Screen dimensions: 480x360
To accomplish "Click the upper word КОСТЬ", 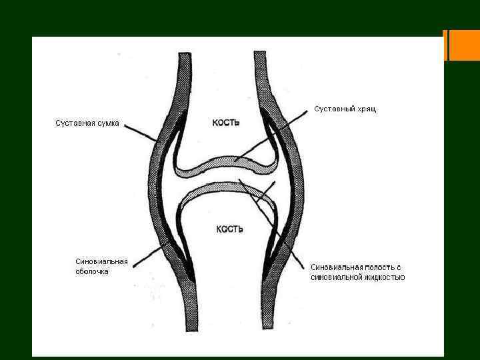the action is [x=226, y=122].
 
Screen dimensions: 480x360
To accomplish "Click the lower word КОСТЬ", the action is [x=229, y=229].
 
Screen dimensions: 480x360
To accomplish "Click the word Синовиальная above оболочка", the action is [x=101, y=261].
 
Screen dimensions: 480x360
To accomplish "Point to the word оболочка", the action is [x=92, y=271].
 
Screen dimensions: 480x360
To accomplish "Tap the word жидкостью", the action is [x=383, y=277].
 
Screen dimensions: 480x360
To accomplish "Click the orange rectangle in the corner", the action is [x=465, y=45].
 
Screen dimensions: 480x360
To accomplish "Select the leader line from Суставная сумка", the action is [x=138, y=131].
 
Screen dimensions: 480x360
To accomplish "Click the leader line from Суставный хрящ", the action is [x=280, y=133].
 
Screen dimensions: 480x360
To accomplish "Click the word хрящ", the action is [x=366, y=109].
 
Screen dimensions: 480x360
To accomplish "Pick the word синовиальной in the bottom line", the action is [x=335, y=277].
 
